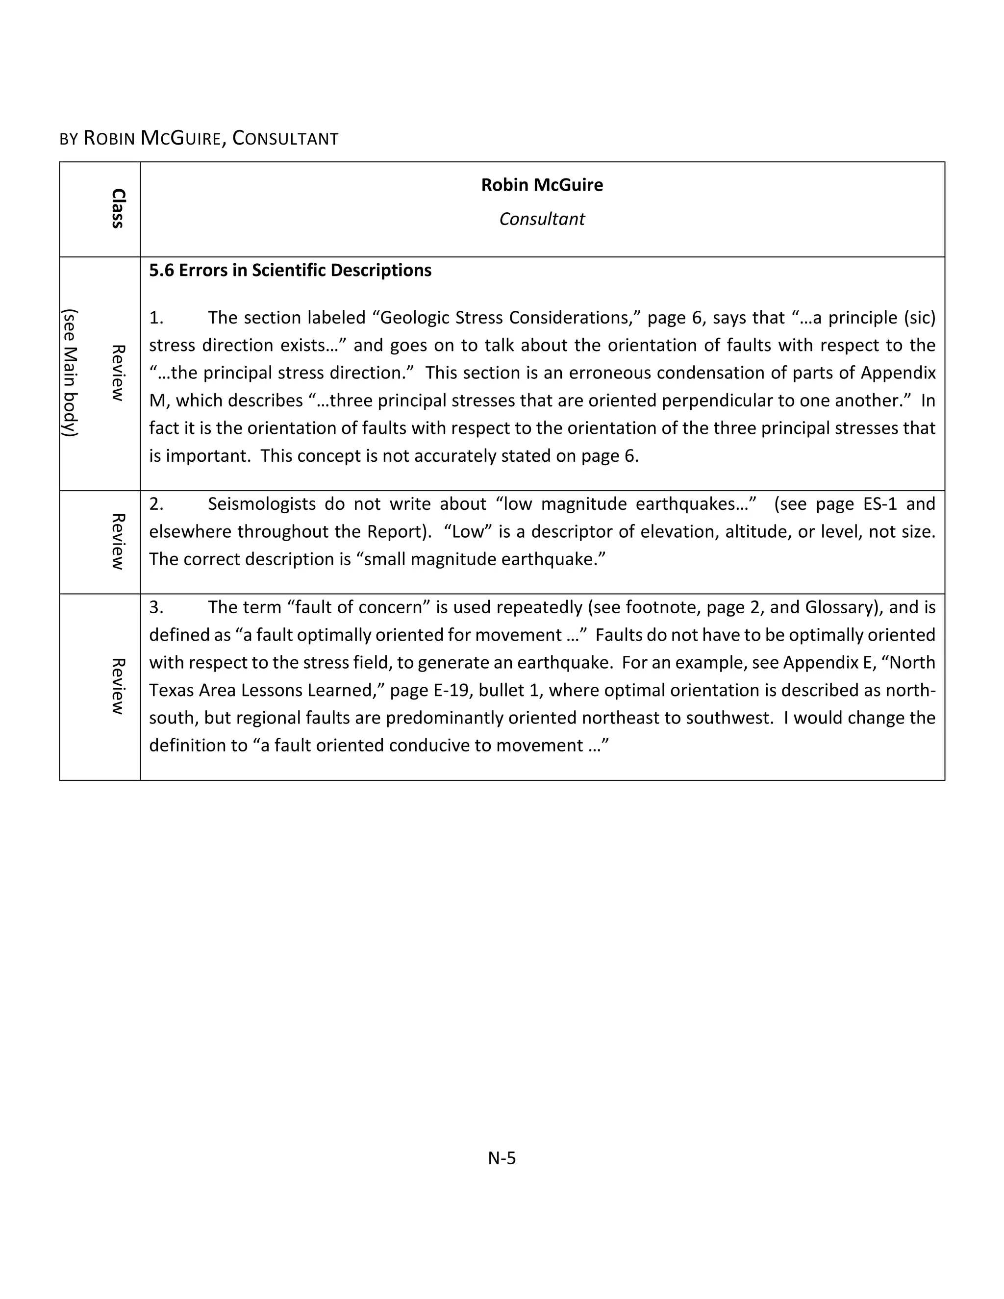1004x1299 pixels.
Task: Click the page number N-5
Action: (502, 1158)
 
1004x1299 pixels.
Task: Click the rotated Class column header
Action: (118, 209)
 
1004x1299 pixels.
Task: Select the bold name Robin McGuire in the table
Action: (541, 185)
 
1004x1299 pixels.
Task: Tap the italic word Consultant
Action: (541, 219)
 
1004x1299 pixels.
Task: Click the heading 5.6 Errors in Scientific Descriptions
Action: (290, 271)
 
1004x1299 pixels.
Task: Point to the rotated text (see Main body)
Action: (71, 373)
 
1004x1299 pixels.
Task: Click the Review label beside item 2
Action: (118, 541)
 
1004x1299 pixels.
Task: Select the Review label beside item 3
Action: (118, 686)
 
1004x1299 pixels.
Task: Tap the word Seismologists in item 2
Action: (262, 504)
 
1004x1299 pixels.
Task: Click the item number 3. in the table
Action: (156, 607)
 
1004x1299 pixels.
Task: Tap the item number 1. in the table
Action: (156, 318)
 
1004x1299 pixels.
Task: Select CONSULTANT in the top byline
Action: (285, 139)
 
